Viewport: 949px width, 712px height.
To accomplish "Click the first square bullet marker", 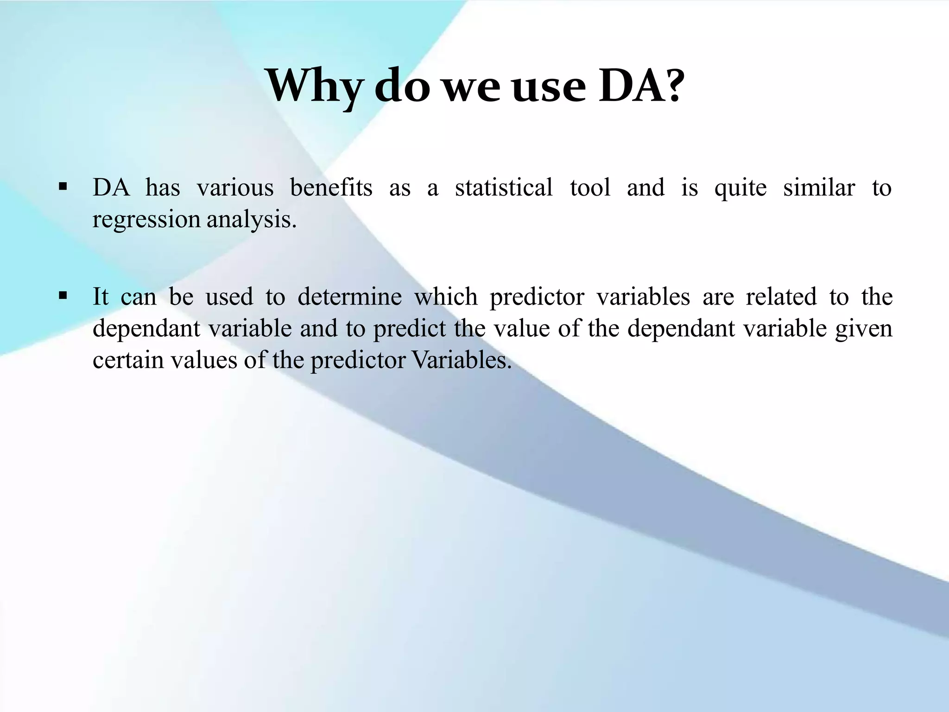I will point(63,188).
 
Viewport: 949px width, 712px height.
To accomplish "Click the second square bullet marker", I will point(63,296).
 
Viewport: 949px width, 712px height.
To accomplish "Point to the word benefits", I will point(331,188).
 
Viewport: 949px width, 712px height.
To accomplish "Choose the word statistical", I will point(504,188).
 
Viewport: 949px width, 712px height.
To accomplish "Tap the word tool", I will point(590,188).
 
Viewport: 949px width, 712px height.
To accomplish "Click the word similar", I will point(819,188).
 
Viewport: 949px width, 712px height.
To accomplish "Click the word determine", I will point(349,297).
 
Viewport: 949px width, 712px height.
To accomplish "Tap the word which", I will point(445,297).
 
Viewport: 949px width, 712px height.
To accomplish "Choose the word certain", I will point(128,360).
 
